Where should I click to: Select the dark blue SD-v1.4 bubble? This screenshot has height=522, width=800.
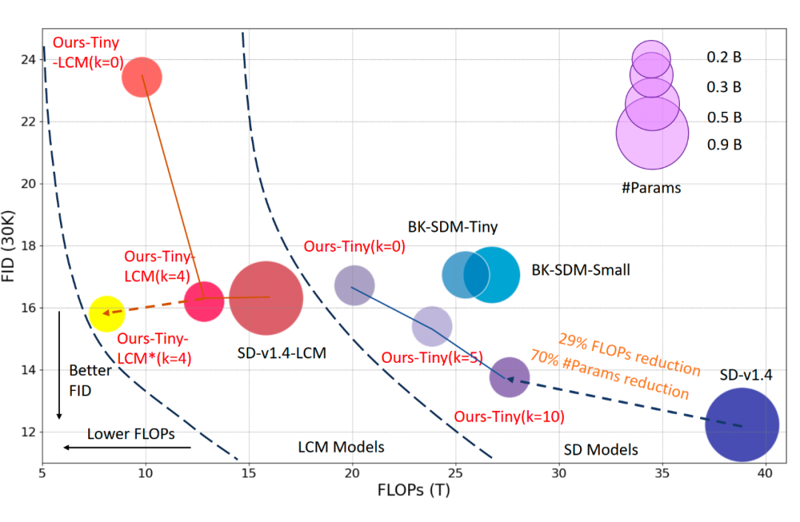coord(741,425)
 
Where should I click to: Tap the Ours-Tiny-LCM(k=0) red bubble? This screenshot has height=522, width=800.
coord(141,76)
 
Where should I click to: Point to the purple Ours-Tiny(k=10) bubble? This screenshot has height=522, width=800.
coord(510,378)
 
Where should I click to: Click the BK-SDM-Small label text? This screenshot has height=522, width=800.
coord(581,270)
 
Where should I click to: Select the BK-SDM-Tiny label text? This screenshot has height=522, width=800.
coord(453,227)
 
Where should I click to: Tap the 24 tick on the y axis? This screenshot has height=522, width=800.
coord(30,59)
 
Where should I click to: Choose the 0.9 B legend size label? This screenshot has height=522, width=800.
coord(724,145)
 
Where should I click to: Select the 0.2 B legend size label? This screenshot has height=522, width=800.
coord(724,56)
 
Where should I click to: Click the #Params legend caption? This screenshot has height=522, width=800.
coord(651,188)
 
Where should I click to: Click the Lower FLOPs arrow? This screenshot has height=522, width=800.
coord(127,447)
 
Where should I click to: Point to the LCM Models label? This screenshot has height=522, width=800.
coord(341,446)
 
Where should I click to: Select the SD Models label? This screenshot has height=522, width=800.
coord(601,449)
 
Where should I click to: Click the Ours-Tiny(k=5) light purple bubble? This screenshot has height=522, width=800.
coord(432,326)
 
